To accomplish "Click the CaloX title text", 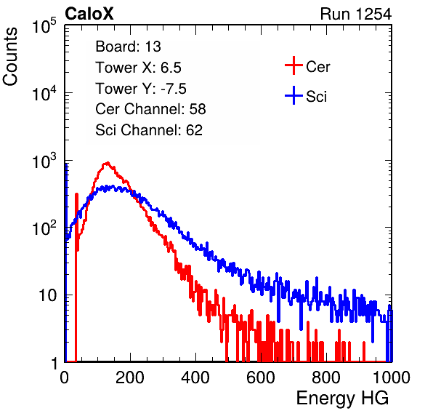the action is (89, 14).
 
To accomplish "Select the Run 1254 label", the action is (356, 14).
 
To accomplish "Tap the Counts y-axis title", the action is (10, 57).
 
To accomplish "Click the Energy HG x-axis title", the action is (342, 399).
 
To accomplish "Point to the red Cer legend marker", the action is (294, 65).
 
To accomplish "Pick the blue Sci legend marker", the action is (294, 96).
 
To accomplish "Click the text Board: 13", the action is (128, 47).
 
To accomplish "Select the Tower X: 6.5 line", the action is (138, 68).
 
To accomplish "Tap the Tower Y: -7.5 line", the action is (141, 89).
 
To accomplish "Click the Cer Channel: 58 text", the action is (150, 109).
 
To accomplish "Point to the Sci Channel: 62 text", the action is (149, 130).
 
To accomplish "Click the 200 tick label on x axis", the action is (130, 377).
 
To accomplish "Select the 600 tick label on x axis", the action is (261, 377).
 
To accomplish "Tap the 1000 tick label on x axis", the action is (392, 377).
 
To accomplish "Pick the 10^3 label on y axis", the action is (44, 161).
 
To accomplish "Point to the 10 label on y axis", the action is (48, 295).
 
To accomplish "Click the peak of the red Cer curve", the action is (108, 163).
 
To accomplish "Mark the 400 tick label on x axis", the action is (195, 377).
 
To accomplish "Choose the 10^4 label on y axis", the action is (44, 93).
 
